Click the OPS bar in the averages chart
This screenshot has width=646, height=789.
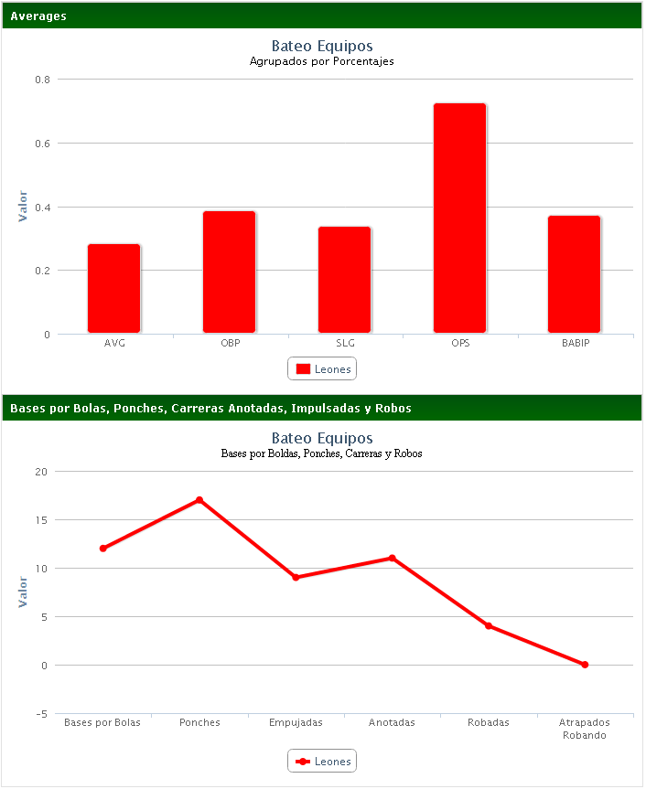459,219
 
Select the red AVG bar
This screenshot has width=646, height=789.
114,289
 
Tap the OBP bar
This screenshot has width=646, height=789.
229,272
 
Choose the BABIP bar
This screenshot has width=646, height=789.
575,274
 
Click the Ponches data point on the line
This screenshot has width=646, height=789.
199,500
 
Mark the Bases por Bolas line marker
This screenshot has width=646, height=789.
103,549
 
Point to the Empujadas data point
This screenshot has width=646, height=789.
296,578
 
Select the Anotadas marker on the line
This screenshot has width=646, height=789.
392,558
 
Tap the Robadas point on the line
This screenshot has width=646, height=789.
489,625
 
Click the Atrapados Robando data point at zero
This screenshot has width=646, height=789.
585,665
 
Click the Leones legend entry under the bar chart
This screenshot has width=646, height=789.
322,369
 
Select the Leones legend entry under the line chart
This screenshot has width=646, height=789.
322,762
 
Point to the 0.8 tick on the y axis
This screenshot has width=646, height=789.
43,80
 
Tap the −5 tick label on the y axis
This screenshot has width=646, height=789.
41,714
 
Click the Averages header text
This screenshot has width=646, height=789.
38,16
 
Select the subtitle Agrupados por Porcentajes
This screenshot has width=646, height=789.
322,62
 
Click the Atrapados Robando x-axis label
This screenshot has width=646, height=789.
584,729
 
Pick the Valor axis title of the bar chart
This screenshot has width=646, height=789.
24,207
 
